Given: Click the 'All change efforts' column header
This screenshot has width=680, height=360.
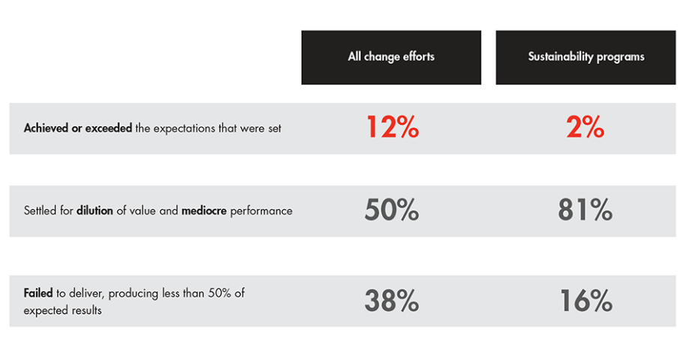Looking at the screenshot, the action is (x=391, y=57).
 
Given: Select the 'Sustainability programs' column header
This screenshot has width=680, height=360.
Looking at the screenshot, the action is (x=586, y=57).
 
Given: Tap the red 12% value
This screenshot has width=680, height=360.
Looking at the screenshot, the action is (x=392, y=127).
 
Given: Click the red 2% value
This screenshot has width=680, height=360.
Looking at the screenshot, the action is (x=585, y=127).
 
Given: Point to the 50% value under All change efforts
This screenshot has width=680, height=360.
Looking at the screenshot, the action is (x=391, y=210).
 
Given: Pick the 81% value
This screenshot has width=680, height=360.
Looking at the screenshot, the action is (x=585, y=210).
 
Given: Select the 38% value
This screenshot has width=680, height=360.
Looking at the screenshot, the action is (x=391, y=301).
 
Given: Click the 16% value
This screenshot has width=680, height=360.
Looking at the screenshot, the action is (x=586, y=301).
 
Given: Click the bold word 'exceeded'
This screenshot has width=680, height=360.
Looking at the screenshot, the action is (x=109, y=128).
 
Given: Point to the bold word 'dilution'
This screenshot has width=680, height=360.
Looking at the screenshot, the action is (x=94, y=211).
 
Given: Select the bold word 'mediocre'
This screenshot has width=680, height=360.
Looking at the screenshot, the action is (x=204, y=211).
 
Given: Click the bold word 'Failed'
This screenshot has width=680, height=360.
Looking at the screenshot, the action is (x=38, y=293).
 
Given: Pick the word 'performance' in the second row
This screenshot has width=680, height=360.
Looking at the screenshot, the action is (x=261, y=211).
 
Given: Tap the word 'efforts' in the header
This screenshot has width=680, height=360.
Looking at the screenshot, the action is (x=418, y=56).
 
